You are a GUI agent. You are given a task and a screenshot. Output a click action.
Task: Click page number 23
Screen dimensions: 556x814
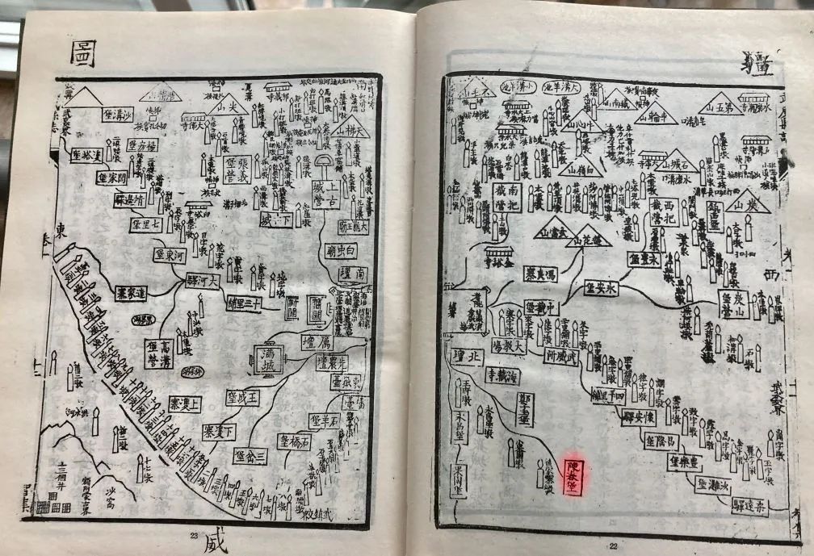coord(194,535)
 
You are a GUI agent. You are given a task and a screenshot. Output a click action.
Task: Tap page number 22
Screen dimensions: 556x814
coord(613,546)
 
